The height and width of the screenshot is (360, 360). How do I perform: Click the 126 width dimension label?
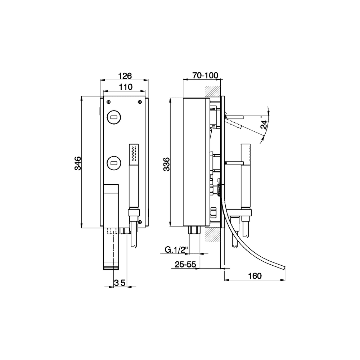point(125,76)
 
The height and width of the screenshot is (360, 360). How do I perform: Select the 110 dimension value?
point(126,87)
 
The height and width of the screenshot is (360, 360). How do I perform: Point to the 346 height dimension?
point(78,163)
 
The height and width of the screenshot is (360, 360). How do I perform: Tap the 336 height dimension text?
point(166,165)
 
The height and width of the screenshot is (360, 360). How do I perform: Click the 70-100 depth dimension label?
point(205,75)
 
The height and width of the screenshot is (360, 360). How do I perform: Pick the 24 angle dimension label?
point(264,125)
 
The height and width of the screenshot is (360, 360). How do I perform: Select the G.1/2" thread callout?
point(176,249)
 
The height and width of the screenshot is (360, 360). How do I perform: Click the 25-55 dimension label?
point(185,265)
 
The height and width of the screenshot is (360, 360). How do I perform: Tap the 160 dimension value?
point(255,276)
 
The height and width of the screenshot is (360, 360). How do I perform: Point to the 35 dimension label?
point(120,283)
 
